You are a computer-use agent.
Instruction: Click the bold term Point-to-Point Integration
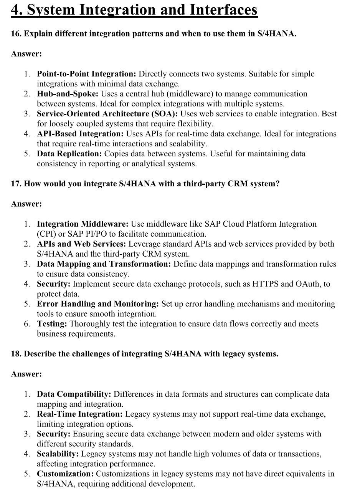(x=86, y=74)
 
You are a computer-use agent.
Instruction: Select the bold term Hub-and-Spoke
(x=68, y=94)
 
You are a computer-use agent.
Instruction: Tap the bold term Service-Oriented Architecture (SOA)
(x=107, y=114)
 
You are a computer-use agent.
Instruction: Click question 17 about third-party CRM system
(x=145, y=184)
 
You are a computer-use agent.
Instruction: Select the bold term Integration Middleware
(x=83, y=224)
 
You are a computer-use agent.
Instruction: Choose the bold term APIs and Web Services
(x=81, y=244)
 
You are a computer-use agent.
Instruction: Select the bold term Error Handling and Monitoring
(x=97, y=304)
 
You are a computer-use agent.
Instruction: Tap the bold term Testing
(x=52, y=324)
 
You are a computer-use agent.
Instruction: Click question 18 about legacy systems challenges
(x=144, y=354)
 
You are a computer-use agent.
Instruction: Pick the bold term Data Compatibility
(x=74, y=394)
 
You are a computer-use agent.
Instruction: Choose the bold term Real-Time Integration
(x=79, y=414)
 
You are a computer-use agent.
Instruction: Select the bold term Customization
(x=65, y=474)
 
